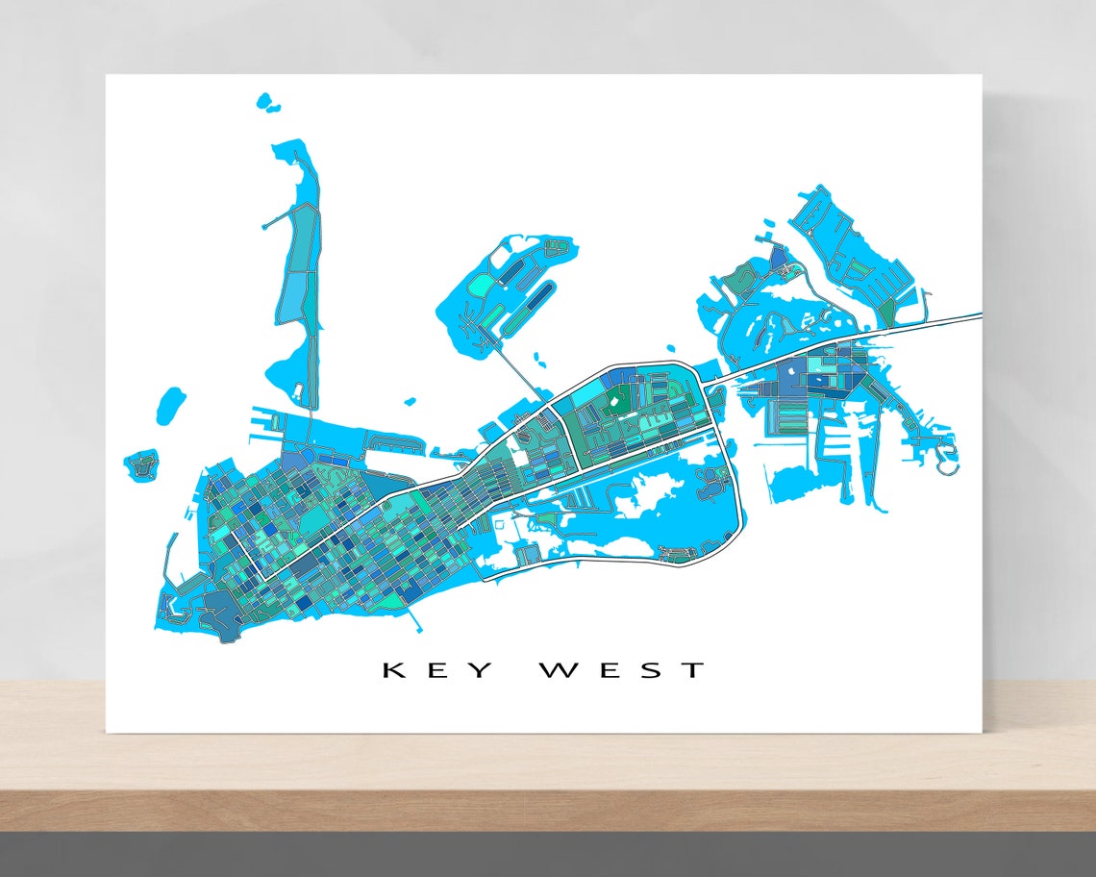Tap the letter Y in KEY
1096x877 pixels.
coord(483,669)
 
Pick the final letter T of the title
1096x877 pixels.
coord(694,669)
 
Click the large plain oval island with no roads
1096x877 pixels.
coord(170,405)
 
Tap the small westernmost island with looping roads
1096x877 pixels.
coord(141,466)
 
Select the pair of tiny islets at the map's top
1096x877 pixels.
coord(266,103)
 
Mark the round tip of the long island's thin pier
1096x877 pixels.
coord(264,226)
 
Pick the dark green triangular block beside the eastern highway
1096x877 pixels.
coord(885,311)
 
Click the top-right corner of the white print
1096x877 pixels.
coord(980,76)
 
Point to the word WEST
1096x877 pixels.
coord(622,669)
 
